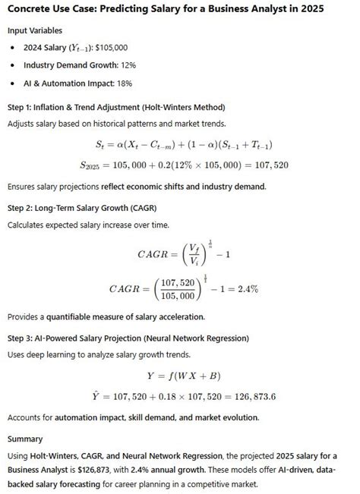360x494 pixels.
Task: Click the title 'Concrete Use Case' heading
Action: (165, 9)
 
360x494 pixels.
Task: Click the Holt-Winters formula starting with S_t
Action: (185, 144)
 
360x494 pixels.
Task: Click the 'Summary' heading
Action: (25, 439)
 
